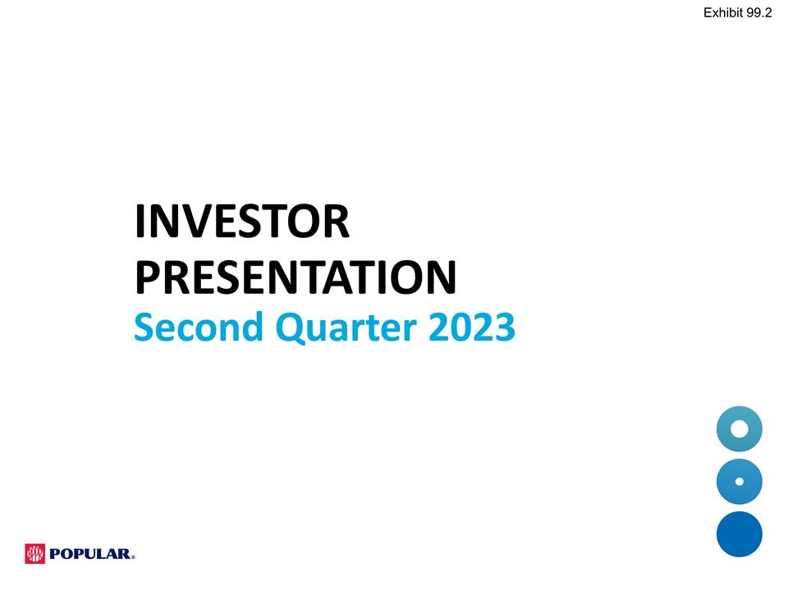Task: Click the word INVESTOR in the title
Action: (x=242, y=223)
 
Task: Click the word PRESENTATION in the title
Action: (x=295, y=277)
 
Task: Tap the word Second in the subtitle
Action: (x=198, y=328)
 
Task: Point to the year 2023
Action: (x=471, y=328)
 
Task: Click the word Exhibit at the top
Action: (x=723, y=11)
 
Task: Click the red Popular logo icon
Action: (x=35, y=554)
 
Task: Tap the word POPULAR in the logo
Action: (x=89, y=555)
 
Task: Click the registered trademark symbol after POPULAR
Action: (x=133, y=557)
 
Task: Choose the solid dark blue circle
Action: (x=739, y=534)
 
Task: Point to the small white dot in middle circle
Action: (x=739, y=482)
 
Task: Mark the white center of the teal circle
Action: (x=739, y=428)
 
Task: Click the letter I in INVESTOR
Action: (x=140, y=223)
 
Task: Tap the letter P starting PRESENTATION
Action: (x=149, y=277)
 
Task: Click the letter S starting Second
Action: (x=144, y=328)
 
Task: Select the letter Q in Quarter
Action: (x=290, y=328)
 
